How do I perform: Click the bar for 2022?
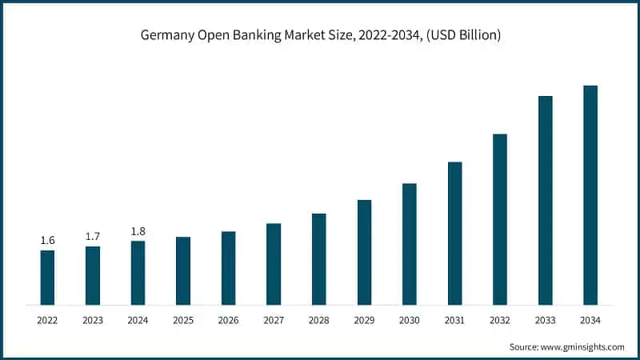(x=47, y=278)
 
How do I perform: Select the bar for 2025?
(x=183, y=270)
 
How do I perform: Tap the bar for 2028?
(x=319, y=259)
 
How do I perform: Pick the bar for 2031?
(x=455, y=233)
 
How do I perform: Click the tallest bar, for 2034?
(x=590, y=195)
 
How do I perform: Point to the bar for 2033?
(x=546, y=200)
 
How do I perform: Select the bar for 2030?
(x=410, y=244)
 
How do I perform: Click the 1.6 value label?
(x=47, y=241)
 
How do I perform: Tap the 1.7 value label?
(x=93, y=237)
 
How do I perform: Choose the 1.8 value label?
(x=138, y=231)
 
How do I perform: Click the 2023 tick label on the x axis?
(x=93, y=321)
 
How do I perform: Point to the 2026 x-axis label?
(x=229, y=321)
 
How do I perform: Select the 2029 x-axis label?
(x=364, y=321)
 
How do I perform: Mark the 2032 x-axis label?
(x=500, y=321)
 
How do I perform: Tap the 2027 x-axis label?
(x=274, y=321)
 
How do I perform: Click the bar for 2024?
(x=138, y=273)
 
